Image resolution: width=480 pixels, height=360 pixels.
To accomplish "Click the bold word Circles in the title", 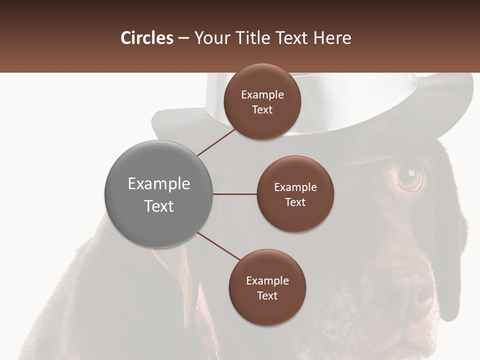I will (146, 38).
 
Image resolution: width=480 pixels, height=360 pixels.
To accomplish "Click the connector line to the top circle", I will (216, 141).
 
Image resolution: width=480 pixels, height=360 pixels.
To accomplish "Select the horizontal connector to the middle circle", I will (234, 193).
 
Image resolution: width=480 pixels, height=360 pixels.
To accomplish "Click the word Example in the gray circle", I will (158, 184).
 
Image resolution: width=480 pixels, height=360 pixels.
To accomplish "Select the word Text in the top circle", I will (262, 109).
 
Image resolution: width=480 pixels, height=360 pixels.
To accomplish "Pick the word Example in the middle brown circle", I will (295, 187).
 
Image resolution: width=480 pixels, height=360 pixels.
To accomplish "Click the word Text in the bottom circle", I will (267, 295).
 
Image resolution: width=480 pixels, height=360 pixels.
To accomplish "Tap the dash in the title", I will (183, 38).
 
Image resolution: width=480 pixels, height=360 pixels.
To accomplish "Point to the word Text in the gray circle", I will (158, 206).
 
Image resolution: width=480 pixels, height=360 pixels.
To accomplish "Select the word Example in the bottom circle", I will (267, 280).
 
